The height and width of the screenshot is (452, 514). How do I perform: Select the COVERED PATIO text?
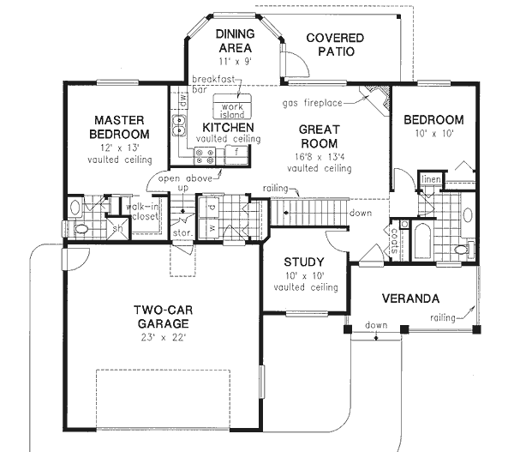334,45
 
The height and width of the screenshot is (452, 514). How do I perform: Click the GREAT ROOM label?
318,136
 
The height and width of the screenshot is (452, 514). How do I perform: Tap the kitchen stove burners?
206,155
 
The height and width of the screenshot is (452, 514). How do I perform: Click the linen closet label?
430,178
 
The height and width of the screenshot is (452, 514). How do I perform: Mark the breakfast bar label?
213,82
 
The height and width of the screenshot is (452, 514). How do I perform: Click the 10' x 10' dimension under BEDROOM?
433,135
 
